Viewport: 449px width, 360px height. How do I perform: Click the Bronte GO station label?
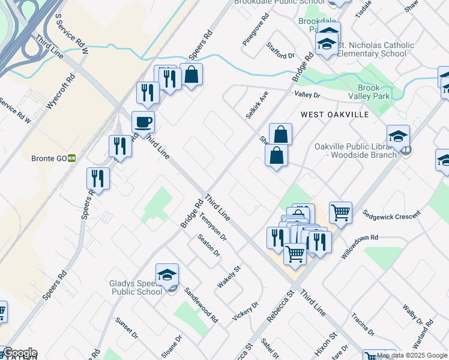click(49, 158)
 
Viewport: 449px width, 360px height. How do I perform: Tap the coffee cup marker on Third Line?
click(143, 122)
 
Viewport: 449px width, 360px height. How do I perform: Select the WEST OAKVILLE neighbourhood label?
click(335, 114)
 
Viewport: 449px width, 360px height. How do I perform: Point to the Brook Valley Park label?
click(369, 91)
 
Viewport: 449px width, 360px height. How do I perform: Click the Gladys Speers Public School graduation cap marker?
click(167, 274)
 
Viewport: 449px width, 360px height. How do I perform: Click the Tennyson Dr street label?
click(214, 227)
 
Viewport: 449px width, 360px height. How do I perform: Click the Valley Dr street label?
click(307, 95)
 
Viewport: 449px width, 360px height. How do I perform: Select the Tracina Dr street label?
click(363, 325)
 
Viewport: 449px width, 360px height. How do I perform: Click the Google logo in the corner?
click(19, 353)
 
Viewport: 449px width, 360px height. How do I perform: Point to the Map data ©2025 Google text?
click(412, 355)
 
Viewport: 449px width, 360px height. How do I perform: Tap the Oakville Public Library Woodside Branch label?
click(355, 151)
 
